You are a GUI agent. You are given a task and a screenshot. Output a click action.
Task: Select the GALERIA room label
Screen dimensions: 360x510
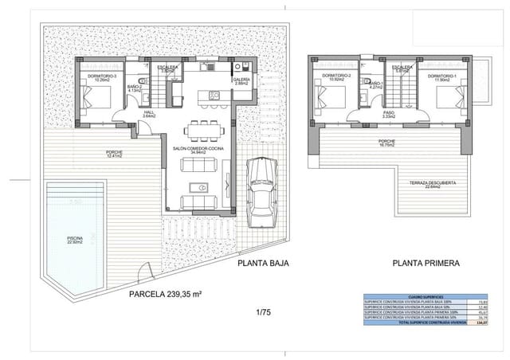click(x=241, y=80)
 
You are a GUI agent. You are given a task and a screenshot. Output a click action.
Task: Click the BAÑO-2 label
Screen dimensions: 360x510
click(x=134, y=88)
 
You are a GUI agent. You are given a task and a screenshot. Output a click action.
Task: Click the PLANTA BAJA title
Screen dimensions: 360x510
click(x=262, y=262)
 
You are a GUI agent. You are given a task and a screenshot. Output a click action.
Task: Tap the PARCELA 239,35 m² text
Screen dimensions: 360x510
click(x=165, y=294)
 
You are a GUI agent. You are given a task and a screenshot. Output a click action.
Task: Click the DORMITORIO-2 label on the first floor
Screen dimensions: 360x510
click(x=330, y=76)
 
